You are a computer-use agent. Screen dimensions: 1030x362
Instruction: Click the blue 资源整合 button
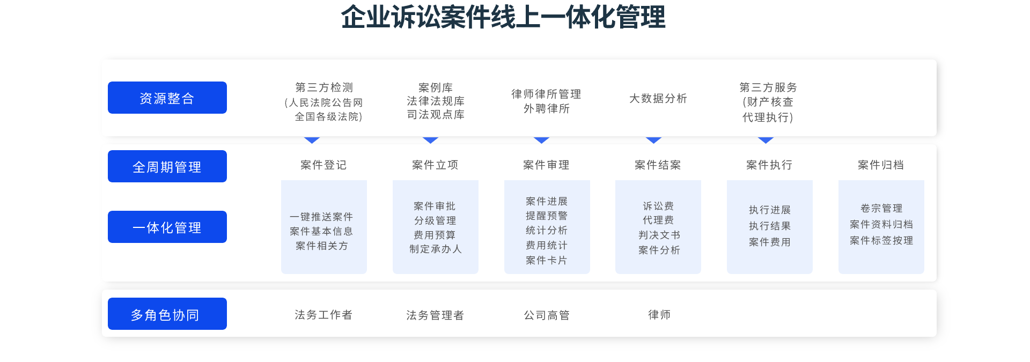coord(167,98)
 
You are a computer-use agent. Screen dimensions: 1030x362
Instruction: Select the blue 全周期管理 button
coord(167,166)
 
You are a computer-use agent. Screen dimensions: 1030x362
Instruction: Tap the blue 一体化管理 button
coord(167,227)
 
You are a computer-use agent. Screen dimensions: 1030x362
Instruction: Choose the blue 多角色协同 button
coord(167,314)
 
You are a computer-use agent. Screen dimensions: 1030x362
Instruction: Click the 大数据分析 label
coord(658,99)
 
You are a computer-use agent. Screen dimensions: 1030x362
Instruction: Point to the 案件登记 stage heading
coord(323,165)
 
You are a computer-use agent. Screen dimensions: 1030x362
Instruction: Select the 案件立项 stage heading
coord(435,165)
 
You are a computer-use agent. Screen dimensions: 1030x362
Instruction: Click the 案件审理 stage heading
coord(546,165)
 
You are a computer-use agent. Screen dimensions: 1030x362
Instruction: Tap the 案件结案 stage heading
coord(658,165)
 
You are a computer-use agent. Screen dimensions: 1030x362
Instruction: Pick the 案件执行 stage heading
coord(769,165)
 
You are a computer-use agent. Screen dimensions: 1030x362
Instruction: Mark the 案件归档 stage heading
coord(881,165)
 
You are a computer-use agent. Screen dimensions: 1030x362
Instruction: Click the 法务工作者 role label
coord(323,315)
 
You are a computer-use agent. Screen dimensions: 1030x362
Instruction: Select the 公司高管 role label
coord(547,315)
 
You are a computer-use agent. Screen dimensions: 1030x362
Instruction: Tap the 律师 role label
coord(659,315)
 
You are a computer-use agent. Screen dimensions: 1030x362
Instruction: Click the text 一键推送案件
coord(321,217)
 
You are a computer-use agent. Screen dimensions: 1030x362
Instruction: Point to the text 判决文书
coord(659,235)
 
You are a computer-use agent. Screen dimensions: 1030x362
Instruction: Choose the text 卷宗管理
coord(881,208)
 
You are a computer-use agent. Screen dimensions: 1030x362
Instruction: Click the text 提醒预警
coord(547,216)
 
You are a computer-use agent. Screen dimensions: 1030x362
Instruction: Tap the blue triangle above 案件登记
coord(312,140)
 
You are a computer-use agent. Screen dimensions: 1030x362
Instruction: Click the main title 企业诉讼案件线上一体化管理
coord(503,17)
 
